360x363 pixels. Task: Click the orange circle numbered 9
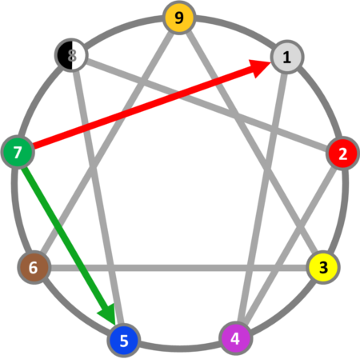click(179, 18)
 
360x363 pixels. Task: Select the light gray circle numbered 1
click(287, 57)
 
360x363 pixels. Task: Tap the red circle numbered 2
click(342, 153)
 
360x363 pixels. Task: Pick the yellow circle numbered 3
click(323, 267)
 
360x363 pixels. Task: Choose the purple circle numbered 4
click(236, 338)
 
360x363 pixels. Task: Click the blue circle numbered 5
click(124, 340)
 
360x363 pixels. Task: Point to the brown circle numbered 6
click(34, 267)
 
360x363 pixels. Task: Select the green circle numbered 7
click(18, 152)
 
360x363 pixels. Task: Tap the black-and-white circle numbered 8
click(71, 55)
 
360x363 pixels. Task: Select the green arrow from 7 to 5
click(69, 245)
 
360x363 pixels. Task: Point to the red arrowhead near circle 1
click(259, 68)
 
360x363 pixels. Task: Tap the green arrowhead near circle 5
click(108, 314)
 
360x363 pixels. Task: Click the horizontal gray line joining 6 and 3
click(178, 268)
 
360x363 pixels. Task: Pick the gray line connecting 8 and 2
click(207, 105)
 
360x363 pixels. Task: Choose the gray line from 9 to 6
click(106, 142)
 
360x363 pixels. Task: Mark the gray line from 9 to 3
click(252, 142)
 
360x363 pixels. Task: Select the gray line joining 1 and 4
click(262, 197)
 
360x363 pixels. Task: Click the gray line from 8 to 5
click(98, 197)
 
